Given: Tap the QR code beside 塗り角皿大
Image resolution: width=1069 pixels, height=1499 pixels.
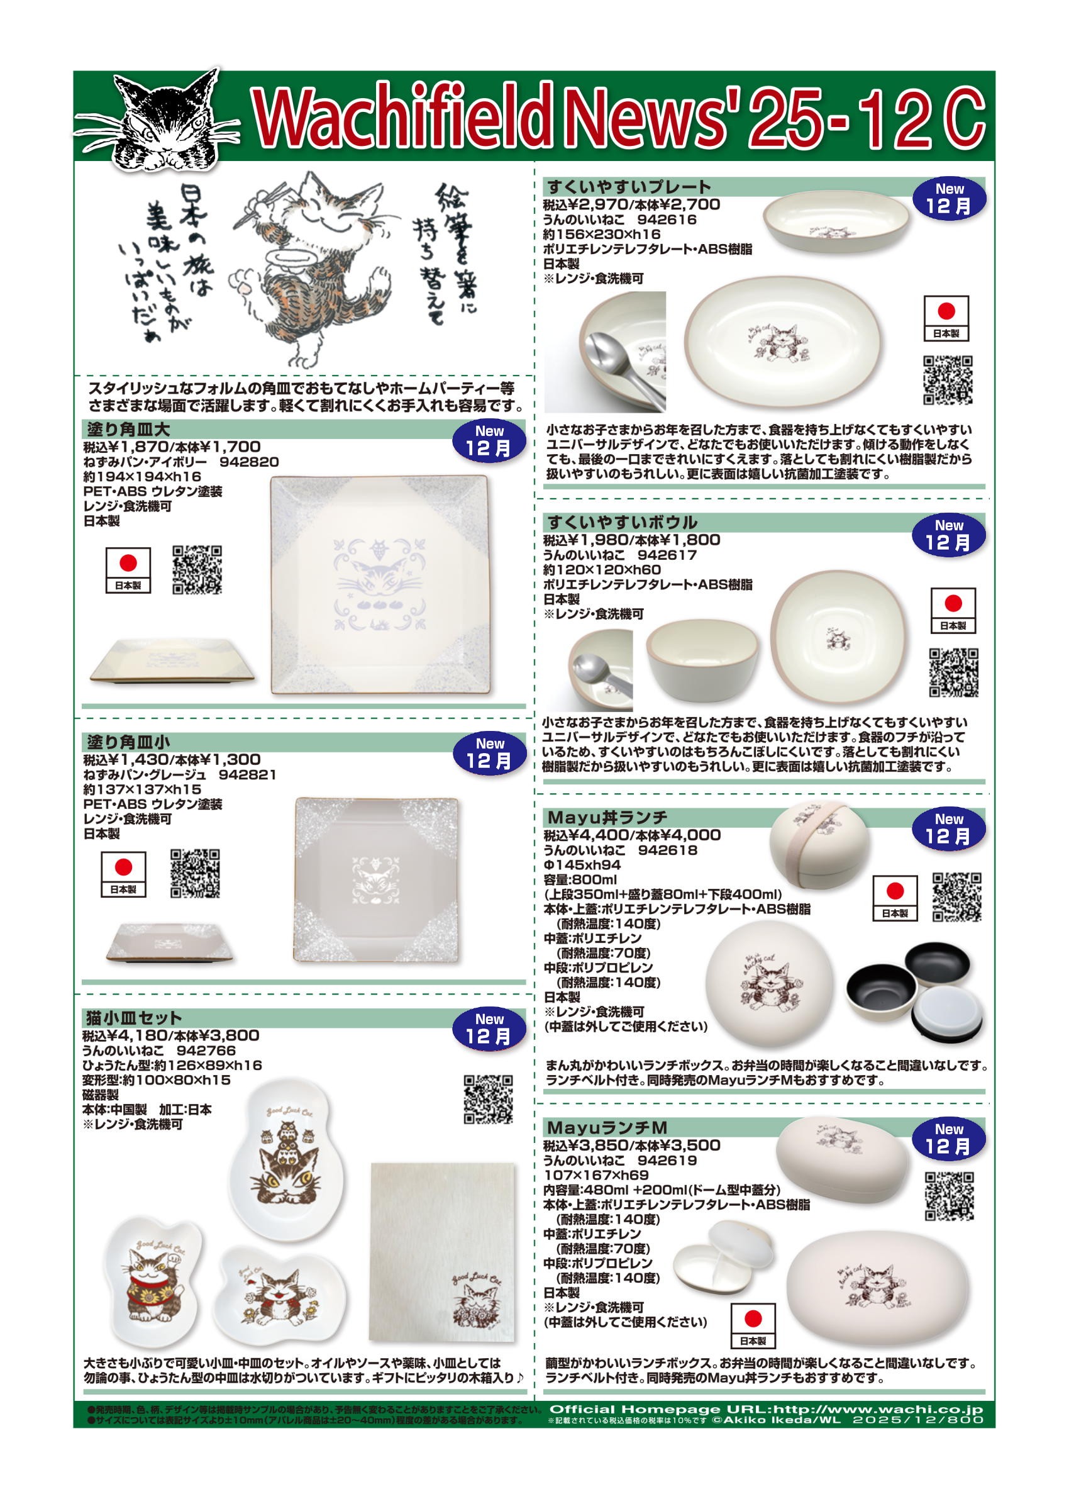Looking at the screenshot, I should click(x=197, y=569).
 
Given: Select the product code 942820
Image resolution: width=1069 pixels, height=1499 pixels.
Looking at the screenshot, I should click(x=249, y=462).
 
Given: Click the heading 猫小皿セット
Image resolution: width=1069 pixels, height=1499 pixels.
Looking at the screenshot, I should click(x=133, y=1018).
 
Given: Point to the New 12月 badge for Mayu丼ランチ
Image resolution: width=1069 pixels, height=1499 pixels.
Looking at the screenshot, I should click(x=948, y=829).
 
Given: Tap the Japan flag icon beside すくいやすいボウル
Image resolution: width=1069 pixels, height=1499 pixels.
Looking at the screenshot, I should click(x=953, y=610).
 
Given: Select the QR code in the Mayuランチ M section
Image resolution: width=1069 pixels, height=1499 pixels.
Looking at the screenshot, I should click(x=948, y=1196).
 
